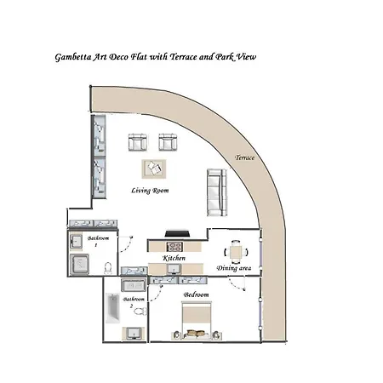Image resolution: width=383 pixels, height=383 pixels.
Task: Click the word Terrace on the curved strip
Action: click(x=246, y=158)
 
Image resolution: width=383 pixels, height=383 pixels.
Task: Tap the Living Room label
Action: click(x=150, y=191)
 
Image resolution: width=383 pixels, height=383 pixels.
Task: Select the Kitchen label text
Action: click(x=174, y=258)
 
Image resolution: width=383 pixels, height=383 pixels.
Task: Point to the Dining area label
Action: click(x=233, y=269)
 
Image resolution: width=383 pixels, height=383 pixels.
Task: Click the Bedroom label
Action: click(x=196, y=295)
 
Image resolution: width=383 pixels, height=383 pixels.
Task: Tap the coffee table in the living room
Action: click(x=154, y=169)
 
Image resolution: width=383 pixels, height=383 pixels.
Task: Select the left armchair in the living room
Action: click(x=137, y=141)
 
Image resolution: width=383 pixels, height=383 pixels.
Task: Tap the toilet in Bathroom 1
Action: click(x=106, y=269)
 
